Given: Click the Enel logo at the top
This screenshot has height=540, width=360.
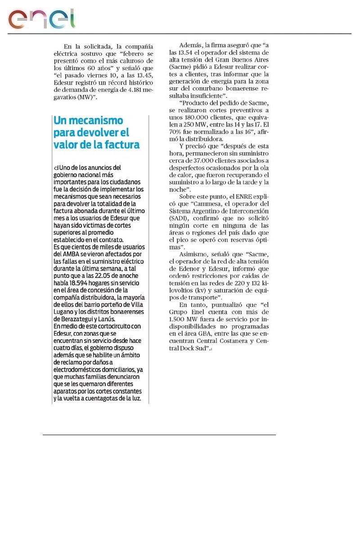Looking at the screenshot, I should [41, 19].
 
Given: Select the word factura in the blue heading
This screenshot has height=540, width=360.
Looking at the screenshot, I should [119, 145].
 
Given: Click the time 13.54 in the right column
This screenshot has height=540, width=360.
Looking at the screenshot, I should [187, 53].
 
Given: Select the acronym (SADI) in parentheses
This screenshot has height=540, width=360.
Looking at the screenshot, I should [177, 218].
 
